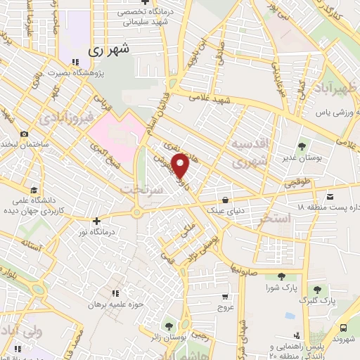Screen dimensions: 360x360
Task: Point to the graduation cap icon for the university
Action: tap(33, 190)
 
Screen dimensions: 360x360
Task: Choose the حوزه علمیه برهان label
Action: tap(115, 304)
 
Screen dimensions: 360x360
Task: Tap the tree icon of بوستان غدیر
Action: tap(302, 146)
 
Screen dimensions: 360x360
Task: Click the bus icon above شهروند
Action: tap(342, 328)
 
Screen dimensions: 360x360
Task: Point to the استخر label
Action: tap(275, 219)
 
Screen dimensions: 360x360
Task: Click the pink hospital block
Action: tap(112, 135)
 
